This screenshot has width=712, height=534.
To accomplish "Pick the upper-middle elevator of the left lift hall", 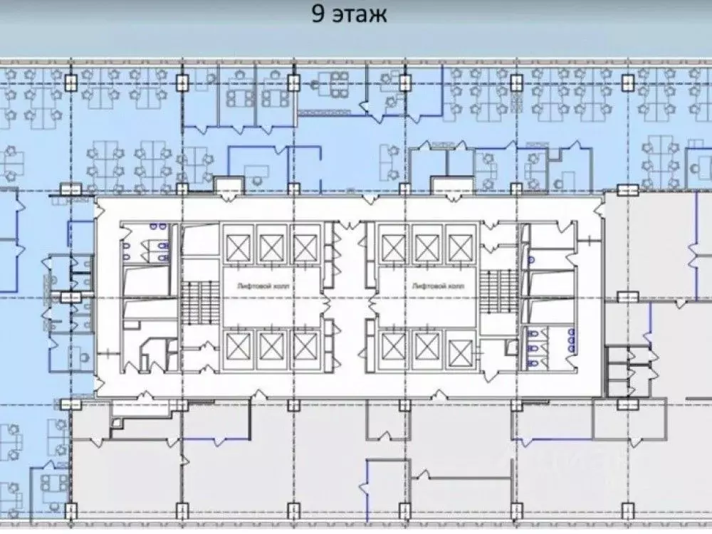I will coord(271,247).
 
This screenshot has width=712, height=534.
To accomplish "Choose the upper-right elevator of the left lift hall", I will coord(305,247).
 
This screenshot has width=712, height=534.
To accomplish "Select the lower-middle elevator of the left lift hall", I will coord(271,347).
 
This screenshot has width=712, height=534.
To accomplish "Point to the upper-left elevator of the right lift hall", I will coord(393,247).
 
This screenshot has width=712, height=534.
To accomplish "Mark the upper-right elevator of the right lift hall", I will coord(461,247).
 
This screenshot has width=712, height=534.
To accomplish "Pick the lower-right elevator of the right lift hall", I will coord(461,349).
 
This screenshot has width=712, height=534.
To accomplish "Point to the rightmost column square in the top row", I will coord(628,83).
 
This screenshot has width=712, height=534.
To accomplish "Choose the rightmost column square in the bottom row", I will coord(628,511).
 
